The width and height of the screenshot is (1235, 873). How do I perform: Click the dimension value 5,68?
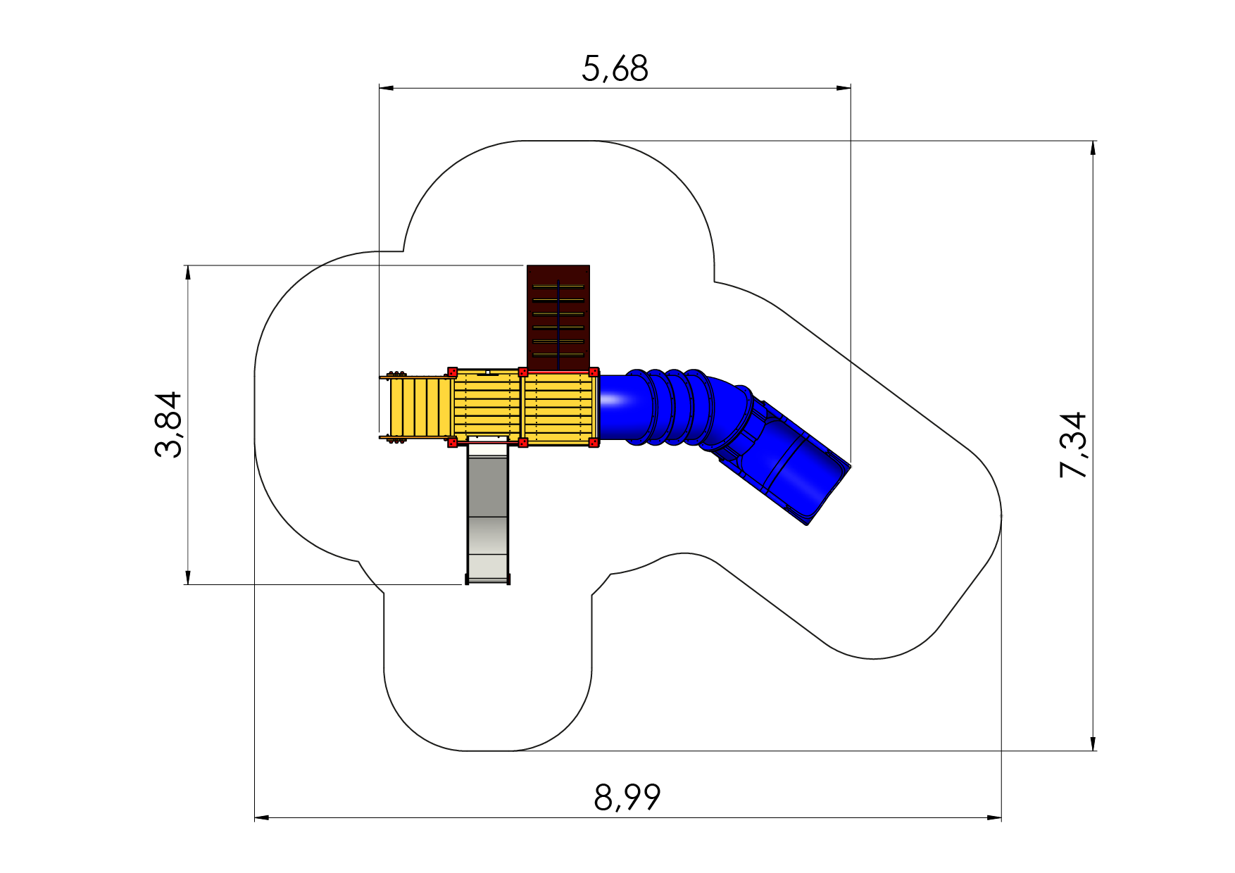(x=615, y=69)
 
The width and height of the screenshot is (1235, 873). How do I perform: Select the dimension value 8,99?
(x=627, y=798)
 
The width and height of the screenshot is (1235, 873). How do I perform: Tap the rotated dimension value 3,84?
(x=168, y=425)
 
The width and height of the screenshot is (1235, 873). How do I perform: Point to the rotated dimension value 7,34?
(x=1072, y=445)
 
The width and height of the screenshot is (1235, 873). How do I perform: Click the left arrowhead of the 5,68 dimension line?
(x=387, y=88)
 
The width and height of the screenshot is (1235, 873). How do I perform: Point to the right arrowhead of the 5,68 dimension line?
(x=844, y=88)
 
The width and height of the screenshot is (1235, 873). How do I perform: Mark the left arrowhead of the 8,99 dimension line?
(x=262, y=818)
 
